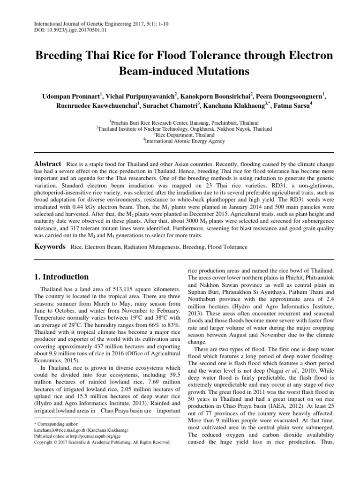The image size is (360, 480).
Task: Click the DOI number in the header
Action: [75, 30]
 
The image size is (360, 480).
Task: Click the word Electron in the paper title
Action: [300, 56]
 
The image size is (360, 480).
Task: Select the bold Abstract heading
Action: [48, 164]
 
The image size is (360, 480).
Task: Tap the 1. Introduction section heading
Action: [62, 277]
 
